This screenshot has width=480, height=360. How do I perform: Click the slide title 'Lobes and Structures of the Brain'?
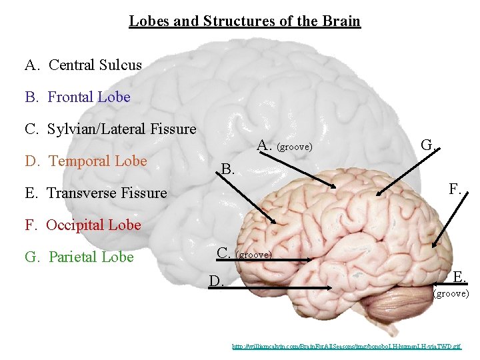point(245,21)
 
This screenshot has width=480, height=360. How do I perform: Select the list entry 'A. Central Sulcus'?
point(83,65)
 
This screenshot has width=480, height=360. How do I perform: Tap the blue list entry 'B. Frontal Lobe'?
point(78,97)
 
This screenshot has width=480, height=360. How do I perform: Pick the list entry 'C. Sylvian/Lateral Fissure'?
point(111,129)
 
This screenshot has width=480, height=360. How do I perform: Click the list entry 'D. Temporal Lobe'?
point(86,161)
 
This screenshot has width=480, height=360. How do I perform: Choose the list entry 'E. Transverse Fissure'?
point(96,193)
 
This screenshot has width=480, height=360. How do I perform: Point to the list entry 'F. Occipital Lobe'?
point(83,225)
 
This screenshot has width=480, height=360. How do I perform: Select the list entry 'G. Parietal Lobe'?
point(79,257)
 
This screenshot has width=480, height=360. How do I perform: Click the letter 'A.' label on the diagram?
point(264,145)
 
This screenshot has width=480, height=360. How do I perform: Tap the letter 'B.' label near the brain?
point(228,169)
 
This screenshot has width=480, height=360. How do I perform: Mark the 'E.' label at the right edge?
point(460,277)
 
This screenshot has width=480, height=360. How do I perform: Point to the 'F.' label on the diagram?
point(455,189)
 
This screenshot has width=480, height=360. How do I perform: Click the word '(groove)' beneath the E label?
point(451,293)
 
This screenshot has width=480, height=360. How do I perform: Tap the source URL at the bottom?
point(346,347)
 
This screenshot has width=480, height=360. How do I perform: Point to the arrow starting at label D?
point(280,287)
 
